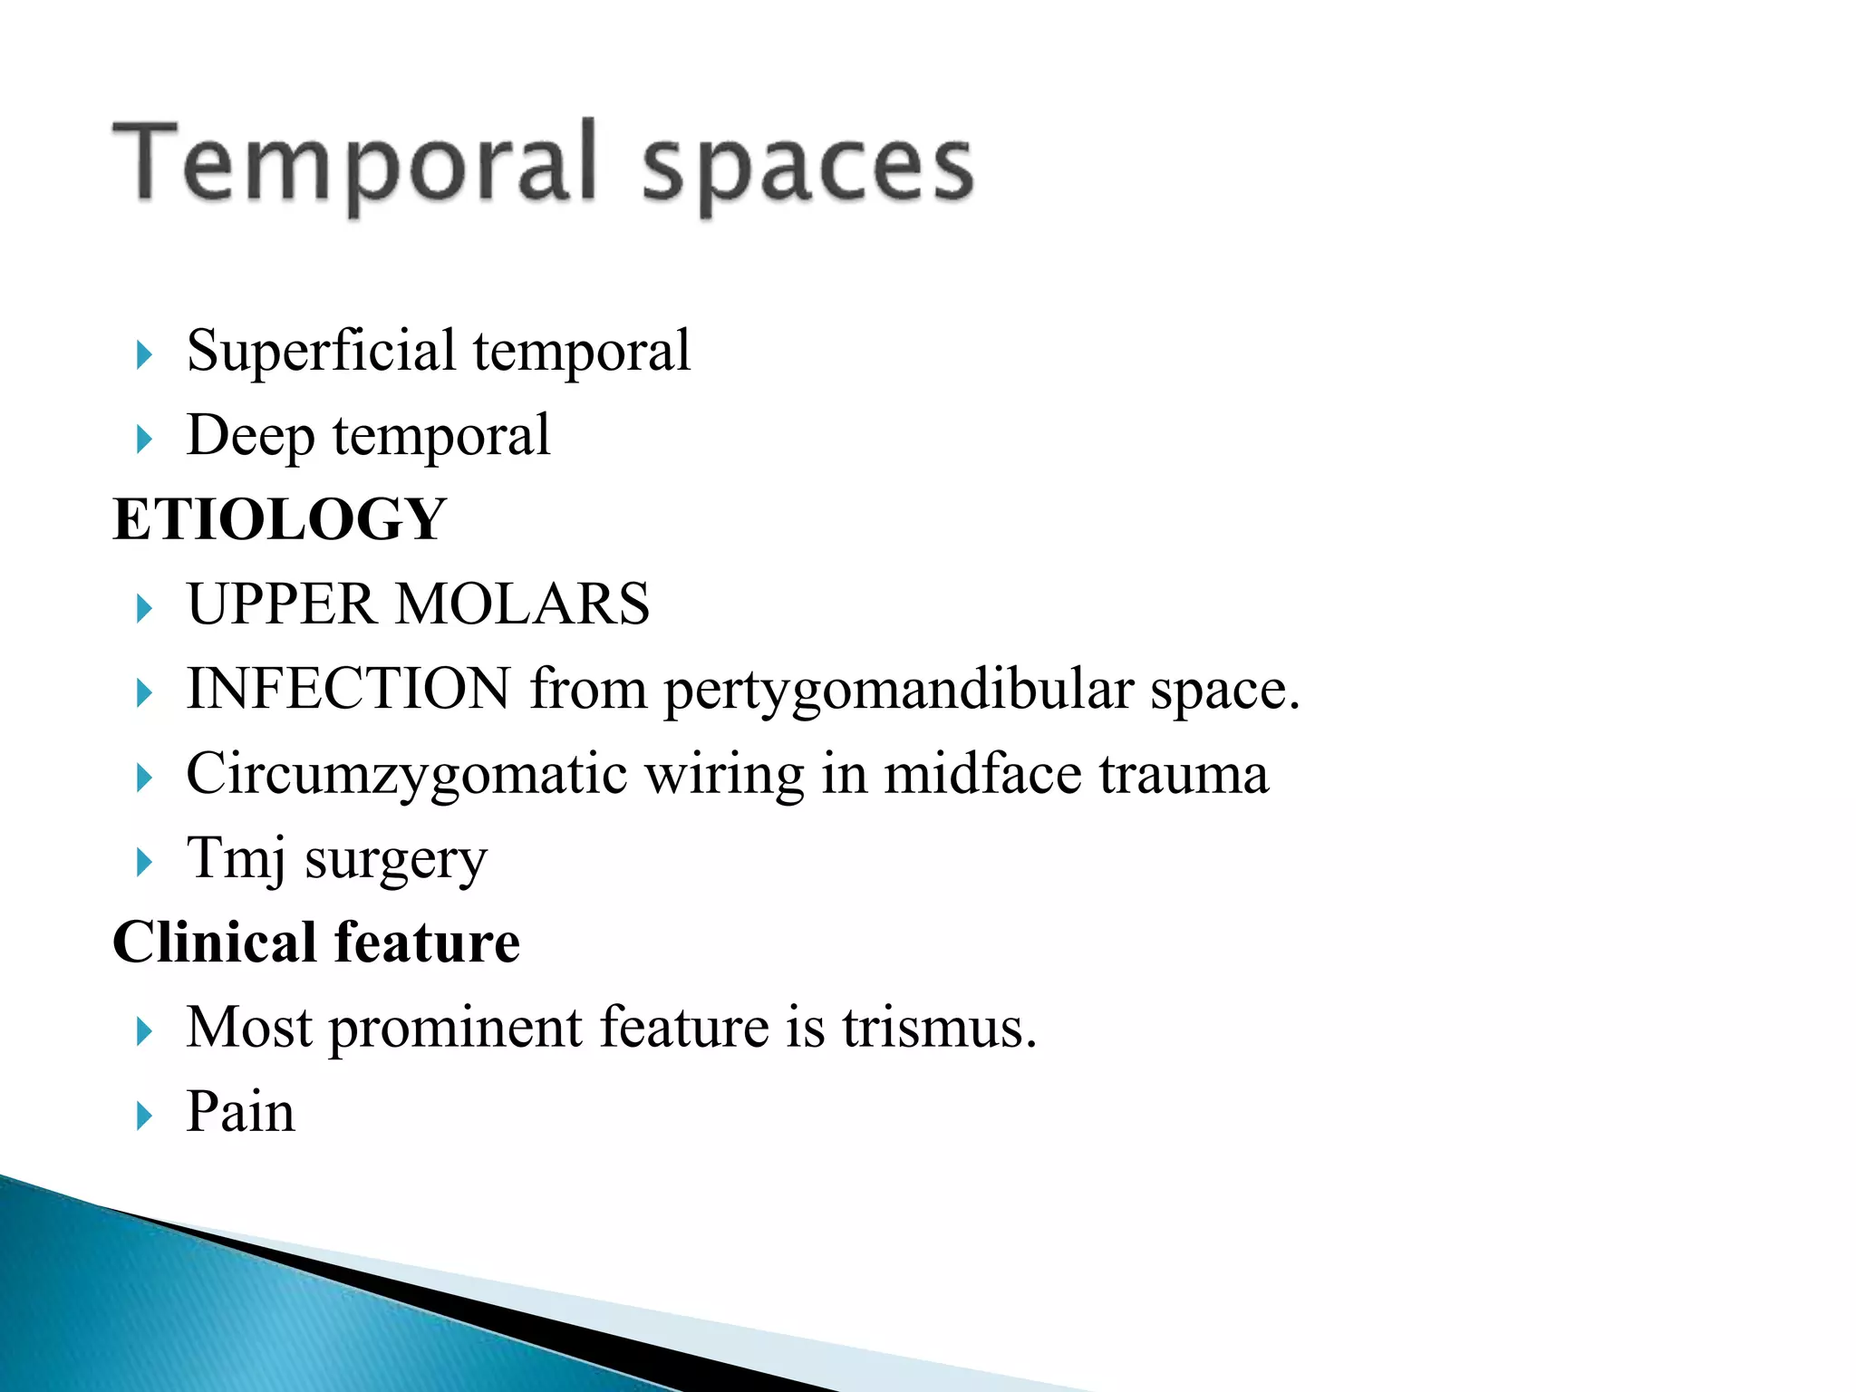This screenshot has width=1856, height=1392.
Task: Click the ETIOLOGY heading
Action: pyautogui.click(x=279, y=519)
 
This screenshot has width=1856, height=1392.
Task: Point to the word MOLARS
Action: pyautogui.click(x=523, y=604)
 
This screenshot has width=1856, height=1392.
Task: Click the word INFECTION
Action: pyautogui.click(x=348, y=689)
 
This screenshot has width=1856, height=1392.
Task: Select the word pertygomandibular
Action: pyautogui.click(x=898, y=691)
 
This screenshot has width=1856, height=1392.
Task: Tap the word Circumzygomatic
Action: pyautogui.click(x=406, y=775)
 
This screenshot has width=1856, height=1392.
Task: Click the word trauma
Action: pyautogui.click(x=1184, y=775)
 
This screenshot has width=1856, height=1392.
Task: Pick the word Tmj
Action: pyautogui.click(x=236, y=858)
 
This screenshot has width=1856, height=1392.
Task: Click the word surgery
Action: pyautogui.click(x=396, y=861)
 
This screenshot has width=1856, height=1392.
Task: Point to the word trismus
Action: pyautogui.click(x=939, y=1028)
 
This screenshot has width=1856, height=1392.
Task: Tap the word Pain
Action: pyautogui.click(x=240, y=1112)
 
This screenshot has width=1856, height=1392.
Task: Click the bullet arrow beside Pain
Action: pyautogui.click(x=144, y=1116)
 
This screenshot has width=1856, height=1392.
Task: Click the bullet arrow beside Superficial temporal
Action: pyautogui.click(x=144, y=354)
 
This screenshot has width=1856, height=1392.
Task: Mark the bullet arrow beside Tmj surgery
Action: pyautogui.click(x=144, y=862)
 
